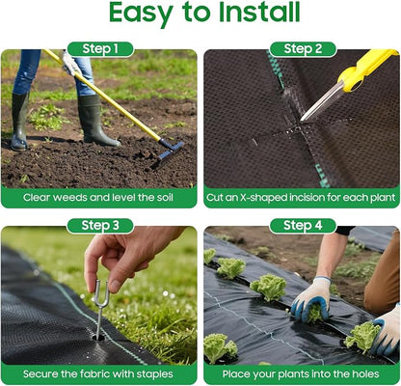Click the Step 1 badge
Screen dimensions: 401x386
pyautogui.click(x=100, y=49)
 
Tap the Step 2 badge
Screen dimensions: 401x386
pyautogui.click(x=303, y=49)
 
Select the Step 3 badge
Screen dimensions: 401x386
pyautogui.click(x=100, y=226)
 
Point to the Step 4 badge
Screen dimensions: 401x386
pyautogui.click(x=303, y=226)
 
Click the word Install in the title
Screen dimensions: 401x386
pyautogui.click(x=259, y=12)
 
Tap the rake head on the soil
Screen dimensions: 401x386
pyautogui.click(x=167, y=153)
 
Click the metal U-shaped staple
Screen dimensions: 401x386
pyautogui.click(x=99, y=307)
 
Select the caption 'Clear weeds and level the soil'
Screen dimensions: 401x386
pyautogui.click(x=98, y=197)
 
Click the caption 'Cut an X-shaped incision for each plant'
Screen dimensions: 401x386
pyautogui.click(x=301, y=197)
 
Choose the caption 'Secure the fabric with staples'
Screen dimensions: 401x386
pyautogui.click(x=98, y=374)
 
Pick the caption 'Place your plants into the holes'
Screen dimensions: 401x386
pyautogui.click(x=301, y=374)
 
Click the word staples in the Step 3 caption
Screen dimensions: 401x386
pyautogui.click(x=155, y=374)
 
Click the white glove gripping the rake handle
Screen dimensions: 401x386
pyautogui.click(x=71, y=63)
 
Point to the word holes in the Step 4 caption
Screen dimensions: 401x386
pyautogui.click(x=365, y=374)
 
